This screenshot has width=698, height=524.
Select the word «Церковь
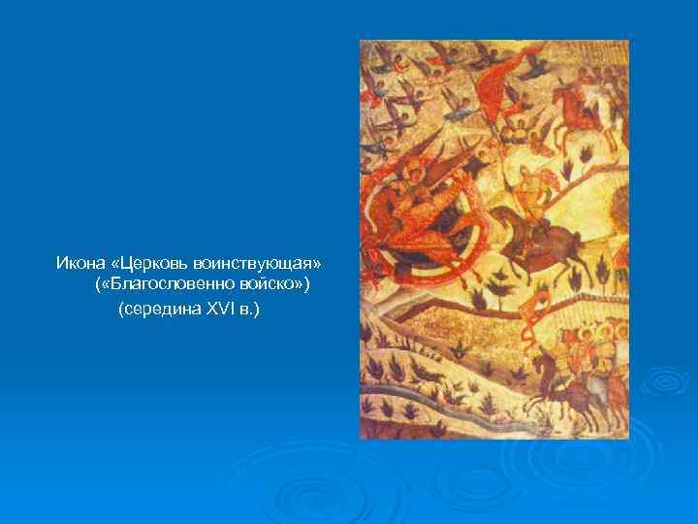coord(142,264)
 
